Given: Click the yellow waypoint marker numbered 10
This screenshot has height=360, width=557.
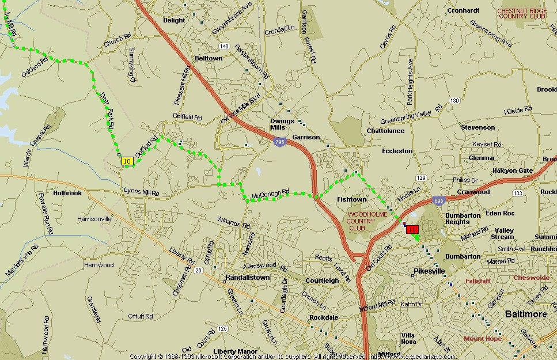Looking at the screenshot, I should [127, 162].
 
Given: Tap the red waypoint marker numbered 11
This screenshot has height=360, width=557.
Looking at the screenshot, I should [412, 230].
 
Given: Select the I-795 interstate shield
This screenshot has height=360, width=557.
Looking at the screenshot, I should [280, 142].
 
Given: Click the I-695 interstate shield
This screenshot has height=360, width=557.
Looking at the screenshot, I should [438, 200].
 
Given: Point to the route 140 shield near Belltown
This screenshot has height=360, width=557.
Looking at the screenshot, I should [224, 46].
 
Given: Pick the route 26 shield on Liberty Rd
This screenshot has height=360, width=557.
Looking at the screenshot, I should [198, 270].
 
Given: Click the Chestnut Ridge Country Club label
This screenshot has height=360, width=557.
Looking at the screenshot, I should [522, 13].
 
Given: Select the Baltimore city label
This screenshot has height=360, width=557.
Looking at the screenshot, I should [525, 314].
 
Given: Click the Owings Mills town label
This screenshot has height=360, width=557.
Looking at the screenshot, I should [282, 124].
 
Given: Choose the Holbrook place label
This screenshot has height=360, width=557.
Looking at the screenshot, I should [67, 193].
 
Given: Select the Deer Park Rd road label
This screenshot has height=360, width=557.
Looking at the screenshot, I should [107, 109].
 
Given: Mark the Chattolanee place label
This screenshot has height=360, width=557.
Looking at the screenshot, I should [385, 131].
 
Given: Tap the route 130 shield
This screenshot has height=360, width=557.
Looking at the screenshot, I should [454, 101].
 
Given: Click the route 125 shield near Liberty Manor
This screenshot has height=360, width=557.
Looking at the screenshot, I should [222, 328].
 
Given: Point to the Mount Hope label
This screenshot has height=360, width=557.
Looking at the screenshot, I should [483, 339].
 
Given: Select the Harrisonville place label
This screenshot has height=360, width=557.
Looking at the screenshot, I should [94, 219].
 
